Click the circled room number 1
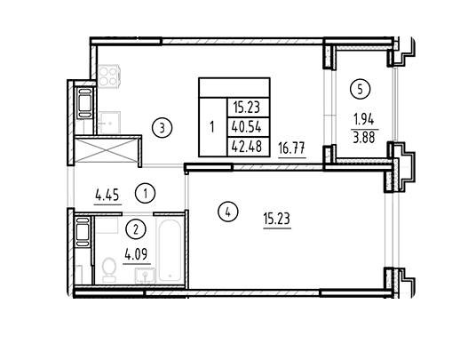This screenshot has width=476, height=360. (145, 193)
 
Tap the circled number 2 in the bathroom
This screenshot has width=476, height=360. (136, 229)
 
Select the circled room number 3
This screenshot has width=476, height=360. (163, 128)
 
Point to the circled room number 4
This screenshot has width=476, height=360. (228, 212)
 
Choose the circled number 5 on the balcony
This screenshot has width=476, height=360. (361, 89)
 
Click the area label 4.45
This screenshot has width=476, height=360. (107, 195)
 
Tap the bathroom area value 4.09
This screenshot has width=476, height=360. (137, 254)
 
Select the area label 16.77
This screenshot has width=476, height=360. (292, 148)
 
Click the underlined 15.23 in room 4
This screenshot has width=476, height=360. (277, 219)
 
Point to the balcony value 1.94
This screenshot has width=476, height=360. (363, 120)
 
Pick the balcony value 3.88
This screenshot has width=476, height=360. (364, 137)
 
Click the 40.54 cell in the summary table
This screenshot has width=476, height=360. (247, 127)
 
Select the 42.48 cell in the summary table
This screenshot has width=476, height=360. (247, 147)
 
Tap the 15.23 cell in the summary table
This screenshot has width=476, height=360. (247, 108)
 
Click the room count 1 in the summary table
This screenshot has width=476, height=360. (212, 127)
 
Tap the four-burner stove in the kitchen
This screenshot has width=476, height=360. (108, 76)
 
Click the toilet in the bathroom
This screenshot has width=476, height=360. (108, 269)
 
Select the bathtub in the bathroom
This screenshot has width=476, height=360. (170, 250)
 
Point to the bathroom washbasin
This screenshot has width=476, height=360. (145, 276)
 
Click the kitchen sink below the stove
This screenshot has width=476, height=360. (108, 123)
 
